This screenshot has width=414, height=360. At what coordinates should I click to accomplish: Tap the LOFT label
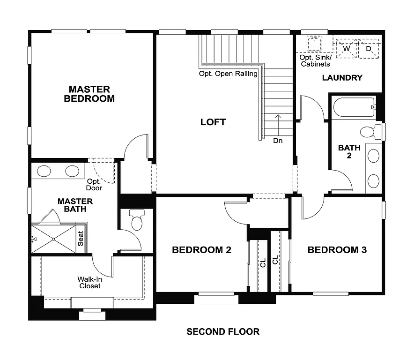coord(213,122)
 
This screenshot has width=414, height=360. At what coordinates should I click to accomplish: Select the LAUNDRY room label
coord(342,78)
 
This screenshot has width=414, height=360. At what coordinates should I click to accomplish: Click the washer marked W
coord(347,49)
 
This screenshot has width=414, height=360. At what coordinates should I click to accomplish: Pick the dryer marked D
coord(368,49)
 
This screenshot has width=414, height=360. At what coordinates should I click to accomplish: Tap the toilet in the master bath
coord(137,221)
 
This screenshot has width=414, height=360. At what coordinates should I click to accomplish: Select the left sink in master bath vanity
coord(44,171)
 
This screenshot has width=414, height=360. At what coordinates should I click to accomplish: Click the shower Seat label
coord(81,239)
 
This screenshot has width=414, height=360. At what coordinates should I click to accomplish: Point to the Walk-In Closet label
coord(89,282)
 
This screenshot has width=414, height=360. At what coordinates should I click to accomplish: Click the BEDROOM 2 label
coord(201,250)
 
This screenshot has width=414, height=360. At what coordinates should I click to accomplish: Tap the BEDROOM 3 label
coord(337,250)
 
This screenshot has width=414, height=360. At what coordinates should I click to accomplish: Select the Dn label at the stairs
coord(278,140)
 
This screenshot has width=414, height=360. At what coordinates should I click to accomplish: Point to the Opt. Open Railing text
coord(228,74)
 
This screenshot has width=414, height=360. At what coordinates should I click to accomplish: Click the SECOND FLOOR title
coord(223,332)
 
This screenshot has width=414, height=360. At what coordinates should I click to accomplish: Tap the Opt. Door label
coord(94,185)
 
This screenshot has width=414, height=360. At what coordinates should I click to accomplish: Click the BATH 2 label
coord(349,151)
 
